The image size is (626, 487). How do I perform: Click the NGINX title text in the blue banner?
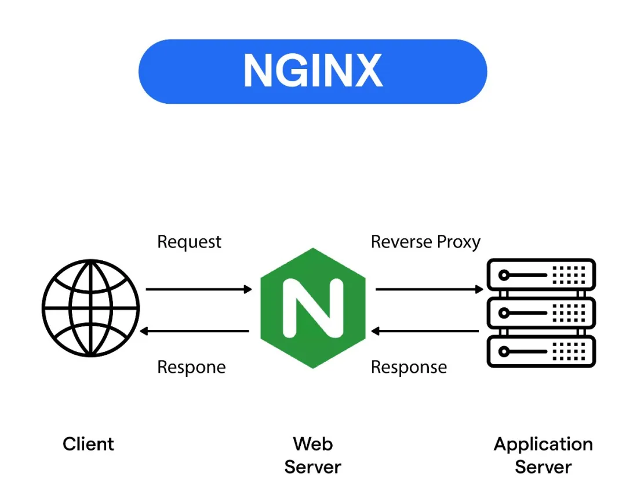click(x=312, y=71)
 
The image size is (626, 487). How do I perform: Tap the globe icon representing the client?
click(x=91, y=308)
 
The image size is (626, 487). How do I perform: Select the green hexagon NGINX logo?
click(x=313, y=308)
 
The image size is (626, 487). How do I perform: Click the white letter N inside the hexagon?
click(x=313, y=308)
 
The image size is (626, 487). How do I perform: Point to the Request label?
click(x=189, y=242)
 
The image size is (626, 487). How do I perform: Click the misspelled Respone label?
click(x=191, y=367)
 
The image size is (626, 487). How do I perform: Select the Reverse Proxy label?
click(x=425, y=242)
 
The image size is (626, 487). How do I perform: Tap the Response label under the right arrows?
click(x=409, y=367)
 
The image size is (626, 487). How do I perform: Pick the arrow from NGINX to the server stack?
click(x=429, y=289)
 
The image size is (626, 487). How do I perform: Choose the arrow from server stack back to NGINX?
click(x=425, y=331)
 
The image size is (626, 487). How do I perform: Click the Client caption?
click(x=89, y=445)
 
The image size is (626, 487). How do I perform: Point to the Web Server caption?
click(x=313, y=455)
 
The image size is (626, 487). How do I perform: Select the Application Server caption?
click(x=543, y=455)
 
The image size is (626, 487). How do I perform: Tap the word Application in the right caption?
click(x=543, y=445)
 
